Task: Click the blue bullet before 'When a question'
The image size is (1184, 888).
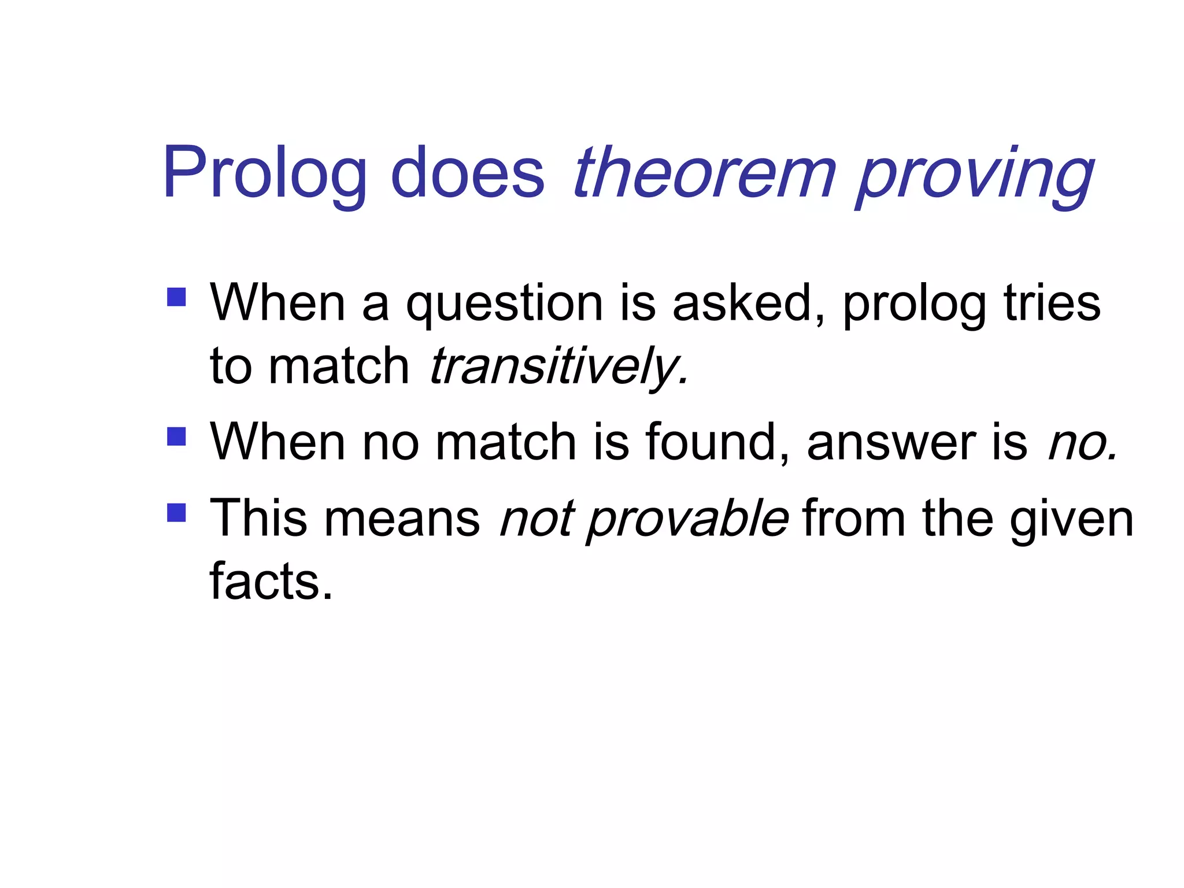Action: click(176, 297)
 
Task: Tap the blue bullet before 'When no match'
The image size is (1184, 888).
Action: click(176, 436)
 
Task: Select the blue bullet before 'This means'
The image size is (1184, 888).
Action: click(176, 512)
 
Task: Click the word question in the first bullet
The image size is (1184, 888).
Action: click(504, 304)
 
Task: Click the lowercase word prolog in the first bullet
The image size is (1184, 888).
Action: click(914, 305)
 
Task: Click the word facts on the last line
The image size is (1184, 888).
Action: click(271, 581)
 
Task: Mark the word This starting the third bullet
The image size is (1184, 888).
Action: click(258, 517)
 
